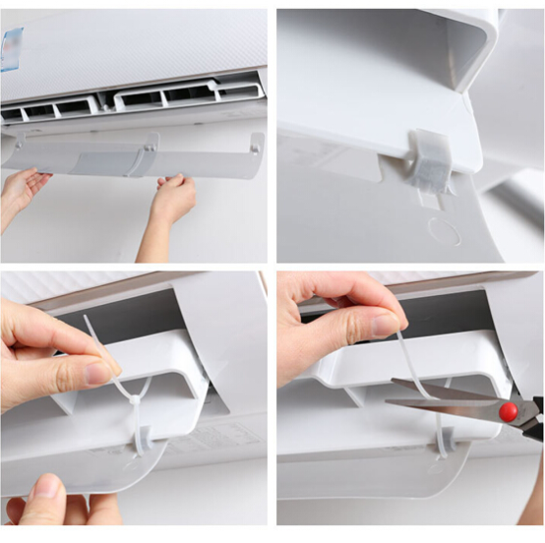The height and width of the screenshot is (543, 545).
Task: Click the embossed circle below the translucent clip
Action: tap(443, 231)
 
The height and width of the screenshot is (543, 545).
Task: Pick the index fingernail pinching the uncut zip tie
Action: tap(98, 373)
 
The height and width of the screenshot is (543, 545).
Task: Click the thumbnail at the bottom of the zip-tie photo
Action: tap(45, 487)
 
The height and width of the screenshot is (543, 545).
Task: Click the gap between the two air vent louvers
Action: tap(105, 101)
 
